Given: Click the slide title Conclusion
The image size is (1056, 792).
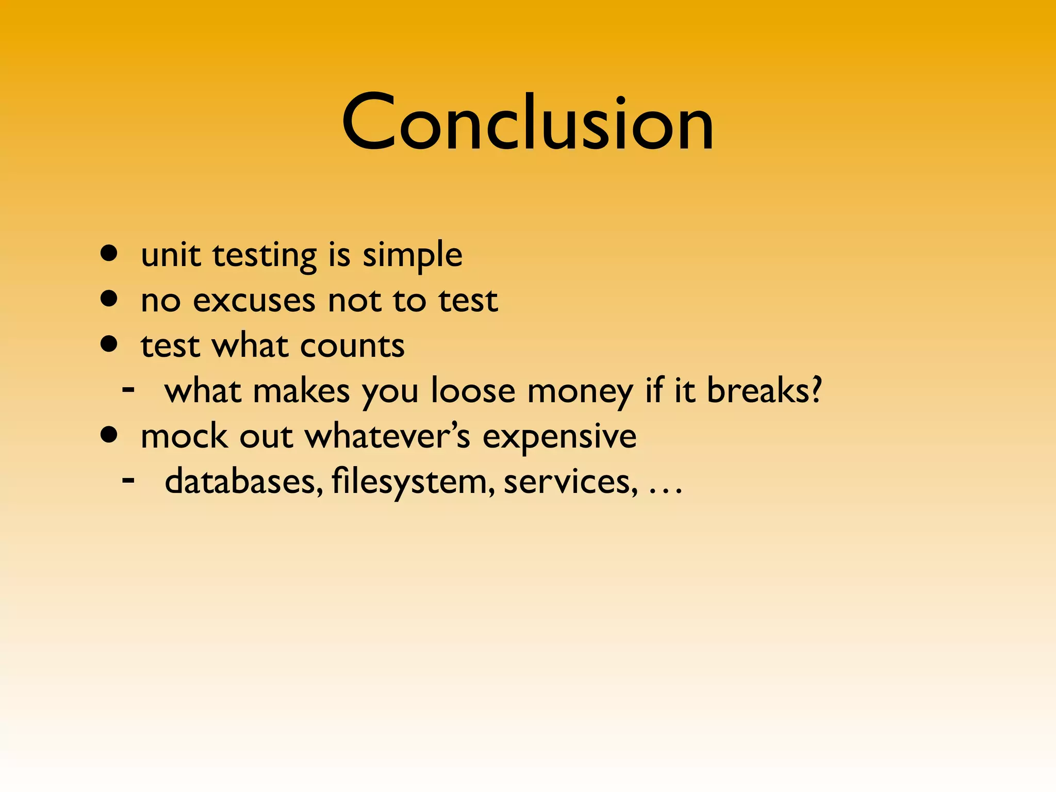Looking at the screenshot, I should pyautogui.click(x=527, y=123).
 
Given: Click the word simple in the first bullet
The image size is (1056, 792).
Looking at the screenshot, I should pyautogui.click(x=412, y=255).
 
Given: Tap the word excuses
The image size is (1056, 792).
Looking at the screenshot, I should pyautogui.click(x=254, y=301).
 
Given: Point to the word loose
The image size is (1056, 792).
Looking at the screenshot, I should pyautogui.click(x=473, y=390).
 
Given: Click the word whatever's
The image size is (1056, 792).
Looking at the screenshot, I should pyautogui.click(x=388, y=436).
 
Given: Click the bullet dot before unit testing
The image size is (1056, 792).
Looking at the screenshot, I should pyautogui.click(x=109, y=254).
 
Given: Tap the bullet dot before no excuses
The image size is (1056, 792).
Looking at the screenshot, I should pyautogui.click(x=109, y=299).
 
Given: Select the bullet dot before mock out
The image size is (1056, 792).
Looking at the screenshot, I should pyautogui.click(x=109, y=435).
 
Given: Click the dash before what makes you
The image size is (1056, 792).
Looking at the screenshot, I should pyautogui.click(x=128, y=389).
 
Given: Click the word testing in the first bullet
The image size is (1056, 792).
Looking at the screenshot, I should pyautogui.click(x=265, y=256).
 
